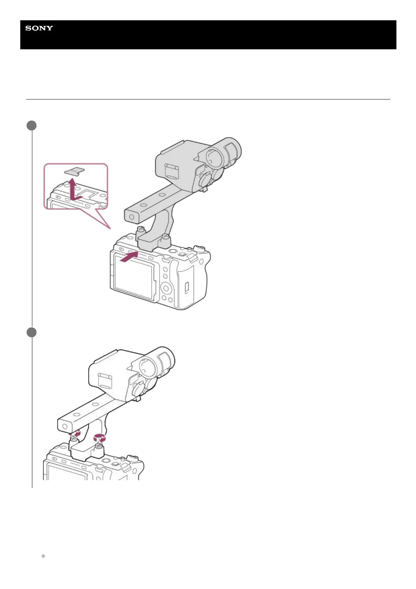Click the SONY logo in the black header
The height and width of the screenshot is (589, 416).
[39, 28]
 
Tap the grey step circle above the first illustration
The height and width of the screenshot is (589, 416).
[32, 126]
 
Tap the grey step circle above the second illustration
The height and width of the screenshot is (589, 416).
[32, 332]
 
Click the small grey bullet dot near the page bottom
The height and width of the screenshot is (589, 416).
[43, 556]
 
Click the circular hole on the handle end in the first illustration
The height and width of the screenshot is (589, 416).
[131, 217]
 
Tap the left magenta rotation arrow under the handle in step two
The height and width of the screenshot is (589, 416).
[76, 434]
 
